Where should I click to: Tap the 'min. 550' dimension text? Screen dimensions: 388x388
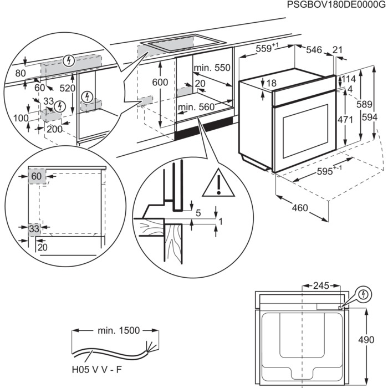[x=212, y=68]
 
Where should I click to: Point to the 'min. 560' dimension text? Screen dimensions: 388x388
[x=196, y=107]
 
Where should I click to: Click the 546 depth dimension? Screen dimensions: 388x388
[x=314, y=50]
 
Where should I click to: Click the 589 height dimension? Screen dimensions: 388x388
[x=363, y=104]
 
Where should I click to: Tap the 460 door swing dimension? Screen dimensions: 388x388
[x=299, y=208]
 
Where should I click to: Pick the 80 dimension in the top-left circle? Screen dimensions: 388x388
[x=21, y=73]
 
